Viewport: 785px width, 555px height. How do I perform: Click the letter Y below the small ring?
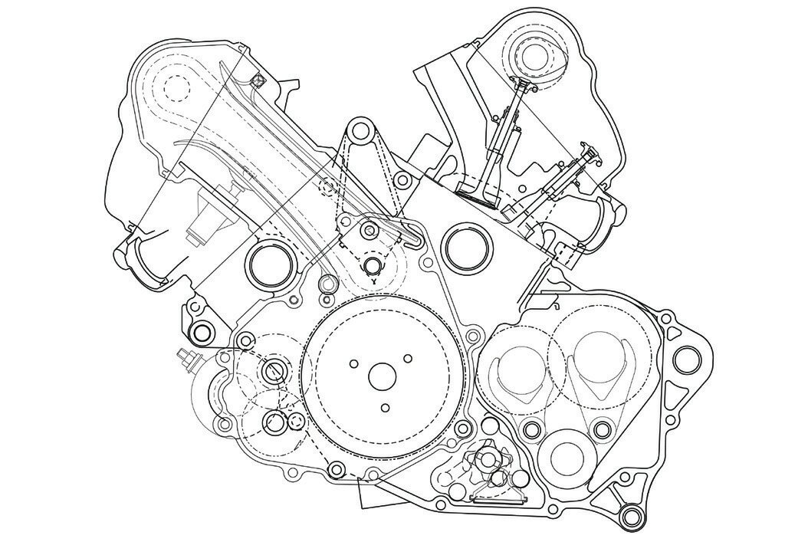[373, 282]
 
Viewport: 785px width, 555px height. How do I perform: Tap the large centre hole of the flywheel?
[380, 376]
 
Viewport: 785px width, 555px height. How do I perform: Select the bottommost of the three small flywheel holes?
[386, 408]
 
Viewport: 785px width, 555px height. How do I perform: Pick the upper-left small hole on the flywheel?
[353, 362]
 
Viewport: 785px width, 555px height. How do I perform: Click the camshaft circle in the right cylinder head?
[531, 54]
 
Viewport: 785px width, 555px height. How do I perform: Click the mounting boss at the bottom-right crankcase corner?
[632, 515]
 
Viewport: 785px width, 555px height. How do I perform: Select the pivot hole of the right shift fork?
[602, 428]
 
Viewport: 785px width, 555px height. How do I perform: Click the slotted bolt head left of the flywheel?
[274, 373]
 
